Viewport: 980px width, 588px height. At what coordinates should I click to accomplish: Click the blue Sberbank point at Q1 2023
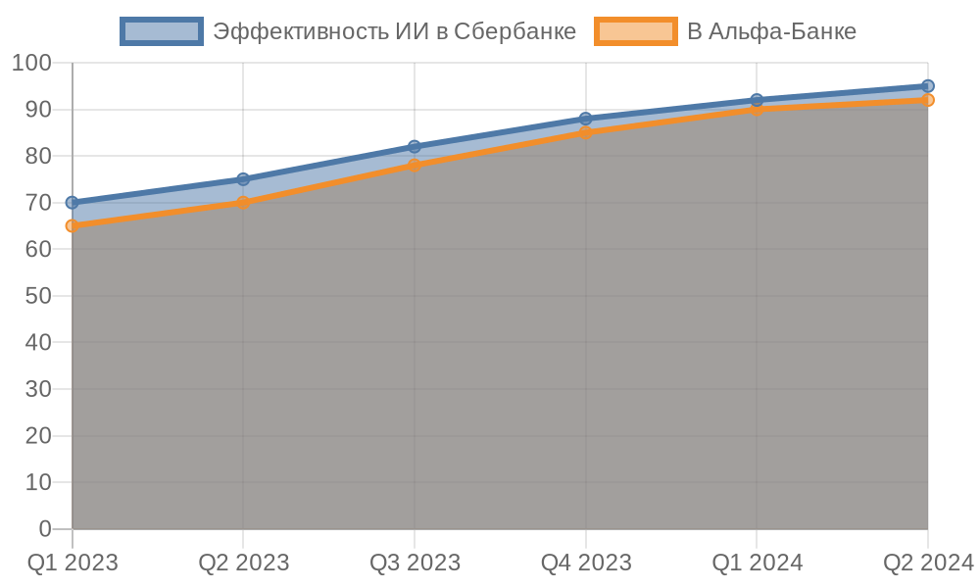tap(72, 203)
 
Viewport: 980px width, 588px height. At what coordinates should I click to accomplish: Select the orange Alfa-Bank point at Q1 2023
tap(72, 226)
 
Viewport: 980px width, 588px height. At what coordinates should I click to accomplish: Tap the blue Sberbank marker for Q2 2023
tap(243, 180)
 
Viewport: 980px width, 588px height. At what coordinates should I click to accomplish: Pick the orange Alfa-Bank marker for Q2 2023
tap(243, 203)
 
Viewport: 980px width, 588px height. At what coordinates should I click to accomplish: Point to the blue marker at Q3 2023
tap(415, 147)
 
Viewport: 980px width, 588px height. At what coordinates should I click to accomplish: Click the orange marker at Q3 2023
tap(415, 166)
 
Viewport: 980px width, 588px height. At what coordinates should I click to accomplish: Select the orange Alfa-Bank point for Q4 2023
tap(586, 132)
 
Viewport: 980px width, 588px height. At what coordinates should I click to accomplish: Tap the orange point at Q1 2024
tap(757, 109)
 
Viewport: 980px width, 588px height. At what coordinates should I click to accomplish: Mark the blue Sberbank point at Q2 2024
tap(928, 86)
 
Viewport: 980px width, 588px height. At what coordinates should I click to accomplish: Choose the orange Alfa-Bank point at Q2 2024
tap(928, 100)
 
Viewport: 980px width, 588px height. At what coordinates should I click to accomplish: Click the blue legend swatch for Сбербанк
tap(161, 31)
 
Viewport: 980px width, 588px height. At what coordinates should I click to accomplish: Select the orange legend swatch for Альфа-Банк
tap(635, 31)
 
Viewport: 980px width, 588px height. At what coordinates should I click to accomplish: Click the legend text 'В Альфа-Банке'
tap(771, 31)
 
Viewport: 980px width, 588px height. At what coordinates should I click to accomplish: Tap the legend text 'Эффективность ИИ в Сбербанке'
tap(394, 31)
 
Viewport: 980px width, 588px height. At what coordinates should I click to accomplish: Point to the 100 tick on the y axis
tap(31, 63)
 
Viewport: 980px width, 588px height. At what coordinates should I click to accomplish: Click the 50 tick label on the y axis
tap(38, 296)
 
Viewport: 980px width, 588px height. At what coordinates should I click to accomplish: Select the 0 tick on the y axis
tap(45, 529)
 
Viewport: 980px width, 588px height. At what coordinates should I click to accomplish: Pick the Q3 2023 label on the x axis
tap(415, 563)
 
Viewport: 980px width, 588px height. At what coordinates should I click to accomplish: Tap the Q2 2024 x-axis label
tap(928, 563)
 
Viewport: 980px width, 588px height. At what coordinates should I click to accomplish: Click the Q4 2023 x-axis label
tap(586, 563)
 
